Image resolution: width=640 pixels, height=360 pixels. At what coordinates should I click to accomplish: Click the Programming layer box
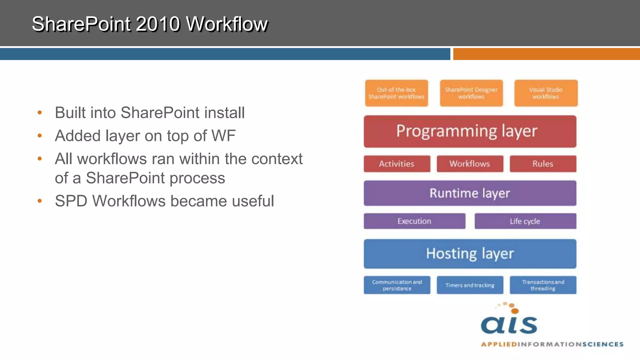pyautogui.click(x=470, y=131)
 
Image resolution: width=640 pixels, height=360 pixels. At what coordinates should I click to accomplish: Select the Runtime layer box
pyautogui.click(x=470, y=193)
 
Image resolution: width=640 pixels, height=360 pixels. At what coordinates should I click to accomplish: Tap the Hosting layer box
pyautogui.click(x=470, y=254)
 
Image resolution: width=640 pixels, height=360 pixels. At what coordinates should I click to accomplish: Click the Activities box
pyautogui.click(x=397, y=164)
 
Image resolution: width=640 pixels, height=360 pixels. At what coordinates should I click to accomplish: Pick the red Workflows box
pyautogui.click(x=470, y=164)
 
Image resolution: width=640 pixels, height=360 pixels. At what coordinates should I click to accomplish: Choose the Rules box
pyautogui.click(x=543, y=164)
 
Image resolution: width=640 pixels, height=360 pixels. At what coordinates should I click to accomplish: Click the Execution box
pyautogui.click(x=414, y=221)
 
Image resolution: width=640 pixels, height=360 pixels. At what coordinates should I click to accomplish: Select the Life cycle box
pyautogui.click(x=525, y=221)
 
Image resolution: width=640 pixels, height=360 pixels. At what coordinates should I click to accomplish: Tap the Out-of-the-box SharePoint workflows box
pyautogui.click(x=396, y=93)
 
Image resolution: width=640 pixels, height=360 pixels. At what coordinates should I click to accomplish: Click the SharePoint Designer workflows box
pyautogui.click(x=471, y=93)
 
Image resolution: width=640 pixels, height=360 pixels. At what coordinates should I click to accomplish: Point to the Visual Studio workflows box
pyautogui.click(x=546, y=93)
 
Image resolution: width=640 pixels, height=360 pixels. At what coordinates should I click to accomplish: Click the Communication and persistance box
pyautogui.click(x=397, y=285)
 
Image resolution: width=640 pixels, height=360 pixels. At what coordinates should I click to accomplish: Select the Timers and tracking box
pyautogui.click(x=470, y=285)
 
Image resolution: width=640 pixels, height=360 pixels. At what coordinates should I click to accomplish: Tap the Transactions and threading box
pyautogui.click(x=543, y=285)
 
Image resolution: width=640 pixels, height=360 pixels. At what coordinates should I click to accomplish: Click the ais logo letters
pyautogui.click(x=509, y=325)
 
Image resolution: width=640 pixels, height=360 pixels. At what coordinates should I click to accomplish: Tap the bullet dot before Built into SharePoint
pyautogui.click(x=40, y=112)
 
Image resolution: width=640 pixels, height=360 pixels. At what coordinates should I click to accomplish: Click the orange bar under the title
pyautogui.click(x=546, y=54)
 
